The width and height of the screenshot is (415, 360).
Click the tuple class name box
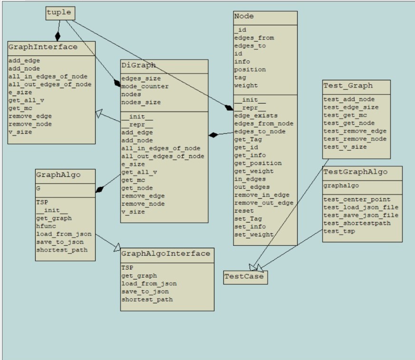pyautogui.click(x=61, y=13)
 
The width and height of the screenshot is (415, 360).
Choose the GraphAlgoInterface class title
pyautogui.click(x=165, y=253)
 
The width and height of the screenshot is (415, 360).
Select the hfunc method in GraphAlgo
pyautogui.click(x=46, y=227)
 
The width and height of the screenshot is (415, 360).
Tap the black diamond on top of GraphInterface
pyautogui.click(x=58, y=36)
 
